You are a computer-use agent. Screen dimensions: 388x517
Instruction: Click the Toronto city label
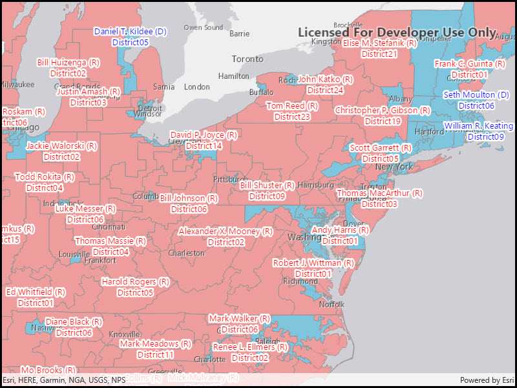(248, 59)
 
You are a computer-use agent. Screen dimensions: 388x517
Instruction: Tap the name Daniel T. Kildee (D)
(131, 31)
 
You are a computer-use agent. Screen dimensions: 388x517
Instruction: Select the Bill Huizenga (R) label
(68, 63)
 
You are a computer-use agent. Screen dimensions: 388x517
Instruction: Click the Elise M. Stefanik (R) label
(379, 43)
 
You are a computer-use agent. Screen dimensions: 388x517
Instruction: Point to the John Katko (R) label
(325, 80)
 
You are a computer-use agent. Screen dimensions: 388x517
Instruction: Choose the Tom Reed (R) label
(292, 106)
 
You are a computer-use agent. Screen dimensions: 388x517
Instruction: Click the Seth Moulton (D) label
(476, 95)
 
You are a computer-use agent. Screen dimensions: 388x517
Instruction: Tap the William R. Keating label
(479, 126)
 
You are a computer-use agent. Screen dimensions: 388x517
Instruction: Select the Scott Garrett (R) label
(381, 148)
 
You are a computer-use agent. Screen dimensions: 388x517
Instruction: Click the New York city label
(394, 167)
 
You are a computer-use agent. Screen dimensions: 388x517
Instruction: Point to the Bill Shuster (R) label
(267, 186)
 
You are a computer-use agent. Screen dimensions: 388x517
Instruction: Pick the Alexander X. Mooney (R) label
(226, 232)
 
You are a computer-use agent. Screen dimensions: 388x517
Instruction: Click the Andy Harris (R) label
(340, 230)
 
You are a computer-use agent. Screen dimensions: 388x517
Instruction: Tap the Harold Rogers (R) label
(135, 282)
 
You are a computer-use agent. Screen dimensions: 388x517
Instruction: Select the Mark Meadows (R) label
(155, 344)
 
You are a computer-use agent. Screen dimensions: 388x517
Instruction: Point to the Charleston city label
(185, 253)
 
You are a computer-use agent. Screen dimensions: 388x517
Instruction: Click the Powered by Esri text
(487, 380)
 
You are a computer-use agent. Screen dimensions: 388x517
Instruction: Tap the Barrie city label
(239, 34)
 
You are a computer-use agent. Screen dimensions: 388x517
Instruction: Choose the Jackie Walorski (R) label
(61, 146)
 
